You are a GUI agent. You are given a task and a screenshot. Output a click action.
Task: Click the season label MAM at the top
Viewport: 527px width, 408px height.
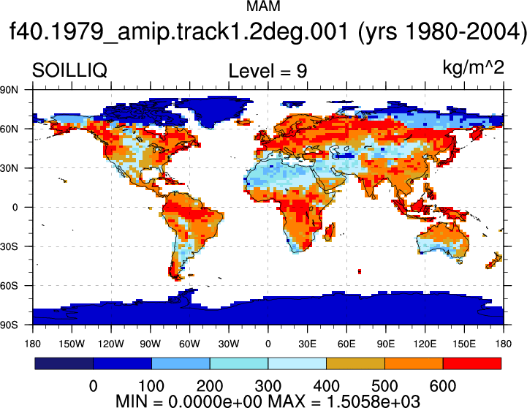pyautogui.click(x=263, y=6)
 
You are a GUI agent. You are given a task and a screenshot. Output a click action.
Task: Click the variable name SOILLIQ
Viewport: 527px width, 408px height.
pyautogui.click(x=69, y=71)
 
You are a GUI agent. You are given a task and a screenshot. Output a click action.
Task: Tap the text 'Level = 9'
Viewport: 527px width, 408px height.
pyautogui.click(x=268, y=71)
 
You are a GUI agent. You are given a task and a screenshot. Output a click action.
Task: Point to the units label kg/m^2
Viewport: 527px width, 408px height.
pyautogui.click(x=473, y=67)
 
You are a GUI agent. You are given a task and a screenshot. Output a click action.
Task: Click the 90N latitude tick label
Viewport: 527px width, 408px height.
pyautogui.click(x=9, y=90)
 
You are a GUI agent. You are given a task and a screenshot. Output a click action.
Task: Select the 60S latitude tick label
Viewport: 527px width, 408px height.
pyautogui.click(x=9, y=286)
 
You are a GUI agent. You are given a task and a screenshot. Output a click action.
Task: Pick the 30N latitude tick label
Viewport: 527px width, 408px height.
pyautogui.click(x=9, y=168)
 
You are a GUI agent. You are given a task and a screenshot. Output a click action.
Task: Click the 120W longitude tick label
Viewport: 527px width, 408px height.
pyautogui.click(x=111, y=344)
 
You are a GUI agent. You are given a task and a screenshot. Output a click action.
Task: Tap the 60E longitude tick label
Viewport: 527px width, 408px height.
pyautogui.click(x=346, y=344)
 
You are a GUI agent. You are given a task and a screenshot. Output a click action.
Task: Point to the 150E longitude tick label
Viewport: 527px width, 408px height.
pyautogui.click(x=464, y=344)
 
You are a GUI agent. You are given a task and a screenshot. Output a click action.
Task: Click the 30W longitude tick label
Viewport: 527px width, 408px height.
pyautogui.click(x=229, y=344)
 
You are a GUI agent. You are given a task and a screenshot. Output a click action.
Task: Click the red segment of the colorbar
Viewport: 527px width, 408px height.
pyautogui.click(x=472, y=363)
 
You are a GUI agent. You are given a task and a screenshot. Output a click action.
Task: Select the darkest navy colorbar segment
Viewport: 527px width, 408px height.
pyautogui.click(x=64, y=363)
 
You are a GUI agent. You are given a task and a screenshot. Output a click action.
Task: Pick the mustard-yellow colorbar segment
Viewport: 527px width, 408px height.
pyautogui.click(x=355, y=363)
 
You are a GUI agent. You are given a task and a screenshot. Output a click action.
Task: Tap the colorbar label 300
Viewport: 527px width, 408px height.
pyautogui.click(x=268, y=386)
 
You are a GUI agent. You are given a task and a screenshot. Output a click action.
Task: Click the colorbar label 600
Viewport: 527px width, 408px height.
pyautogui.click(x=443, y=386)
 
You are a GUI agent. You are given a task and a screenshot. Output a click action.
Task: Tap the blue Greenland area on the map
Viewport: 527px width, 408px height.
pyautogui.click(x=212, y=109)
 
